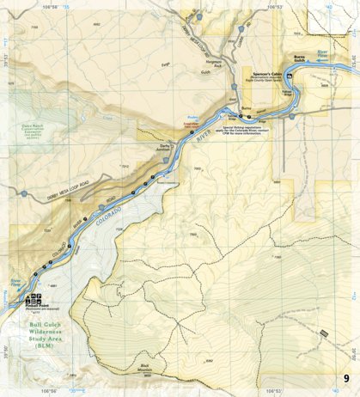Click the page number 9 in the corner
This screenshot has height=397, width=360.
coord(345,379)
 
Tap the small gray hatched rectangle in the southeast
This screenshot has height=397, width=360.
coord(323,333)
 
